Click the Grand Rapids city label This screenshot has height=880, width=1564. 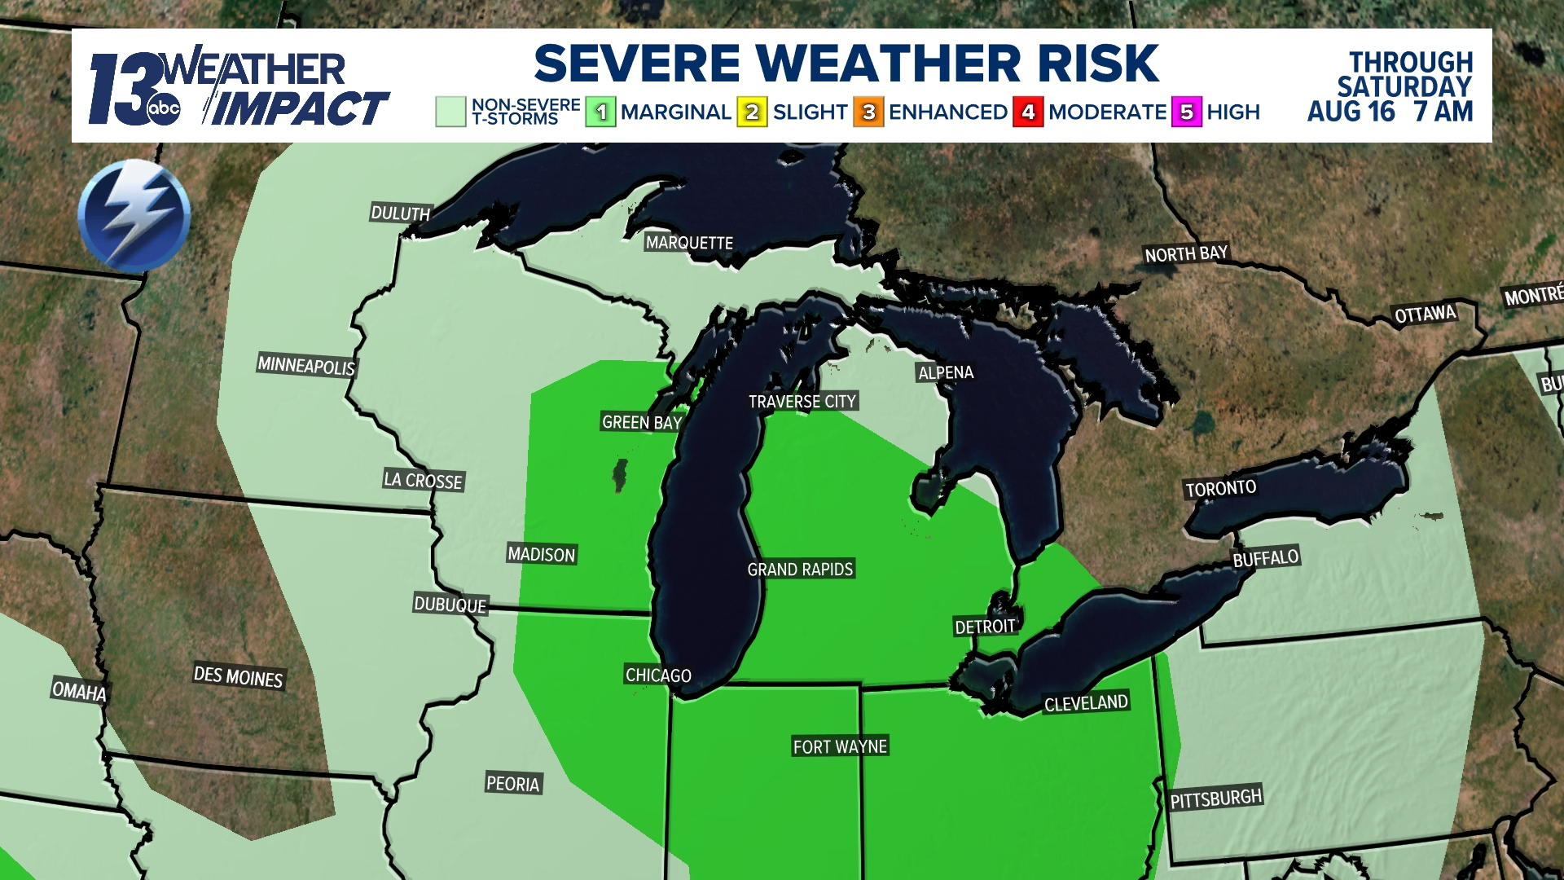coord(800,569)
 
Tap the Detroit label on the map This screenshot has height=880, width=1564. coord(985,626)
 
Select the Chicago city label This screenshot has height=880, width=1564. coord(658,675)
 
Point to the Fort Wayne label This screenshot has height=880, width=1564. coord(840,746)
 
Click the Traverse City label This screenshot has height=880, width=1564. coord(802,401)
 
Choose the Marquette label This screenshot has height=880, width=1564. coord(689,243)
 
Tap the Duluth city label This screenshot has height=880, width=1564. coord(400,213)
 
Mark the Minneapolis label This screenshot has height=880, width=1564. coord(306,365)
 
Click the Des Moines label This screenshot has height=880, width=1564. coord(238,677)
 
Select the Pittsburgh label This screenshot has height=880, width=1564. coord(1216,799)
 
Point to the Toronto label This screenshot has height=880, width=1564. coord(1220,488)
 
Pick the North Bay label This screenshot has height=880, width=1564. coord(1186,254)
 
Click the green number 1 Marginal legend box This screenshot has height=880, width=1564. coord(600,112)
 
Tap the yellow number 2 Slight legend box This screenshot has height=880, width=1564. coord(752,112)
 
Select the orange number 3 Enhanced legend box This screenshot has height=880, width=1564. coord(868,112)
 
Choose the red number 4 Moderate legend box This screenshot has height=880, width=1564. coord(1028,112)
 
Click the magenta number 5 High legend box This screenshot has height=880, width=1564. coord(1187,112)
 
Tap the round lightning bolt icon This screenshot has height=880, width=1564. coord(134,215)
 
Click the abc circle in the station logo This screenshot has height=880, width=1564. coord(163,109)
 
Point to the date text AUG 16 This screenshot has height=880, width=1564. coord(1351,111)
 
